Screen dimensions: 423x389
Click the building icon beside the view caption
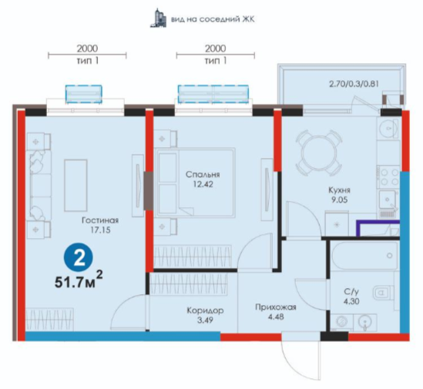(x=159, y=18)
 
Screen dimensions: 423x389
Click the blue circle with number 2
(x=79, y=260)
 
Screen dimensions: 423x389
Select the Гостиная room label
(x=100, y=220)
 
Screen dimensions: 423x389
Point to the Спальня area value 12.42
(x=203, y=184)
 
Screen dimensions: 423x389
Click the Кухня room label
(x=339, y=190)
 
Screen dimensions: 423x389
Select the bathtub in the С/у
(x=364, y=256)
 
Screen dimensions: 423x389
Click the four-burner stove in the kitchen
(x=389, y=177)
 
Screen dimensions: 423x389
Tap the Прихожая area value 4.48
(x=277, y=317)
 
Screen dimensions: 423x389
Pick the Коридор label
(x=205, y=310)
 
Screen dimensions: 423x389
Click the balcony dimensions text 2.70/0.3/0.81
(x=354, y=84)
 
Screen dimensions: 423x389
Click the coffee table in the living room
(x=76, y=185)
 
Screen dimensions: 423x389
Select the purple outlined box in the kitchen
(x=378, y=228)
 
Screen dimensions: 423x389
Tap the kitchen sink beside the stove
(x=388, y=200)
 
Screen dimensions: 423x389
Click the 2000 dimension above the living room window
(x=87, y=49)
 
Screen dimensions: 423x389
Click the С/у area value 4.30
(x=351, y=301)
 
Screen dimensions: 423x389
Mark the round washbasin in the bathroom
(x=364, y=323)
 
